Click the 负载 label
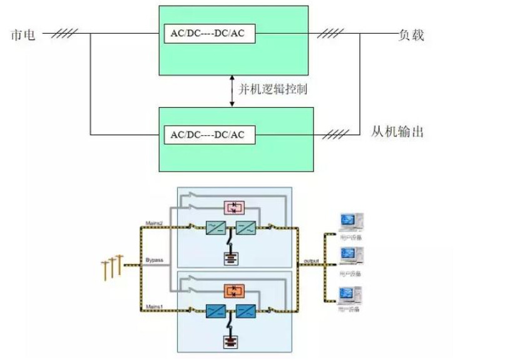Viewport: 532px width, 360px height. pyautogui.click(x=411, y=34)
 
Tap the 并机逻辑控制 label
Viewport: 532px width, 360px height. pyautogui.click(x=274, y=90)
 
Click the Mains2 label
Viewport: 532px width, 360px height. pyautogui.click(x=154, y=223)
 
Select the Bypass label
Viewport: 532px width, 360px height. pyautogui.click(x=154, y=259)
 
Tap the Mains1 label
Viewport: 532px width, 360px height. pyautogui.click(x=154, y=305)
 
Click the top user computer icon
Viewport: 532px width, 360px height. pyautogui.click(x=350, y=222)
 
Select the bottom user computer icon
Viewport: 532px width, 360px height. pyautogui.click(x=350, y=294)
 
